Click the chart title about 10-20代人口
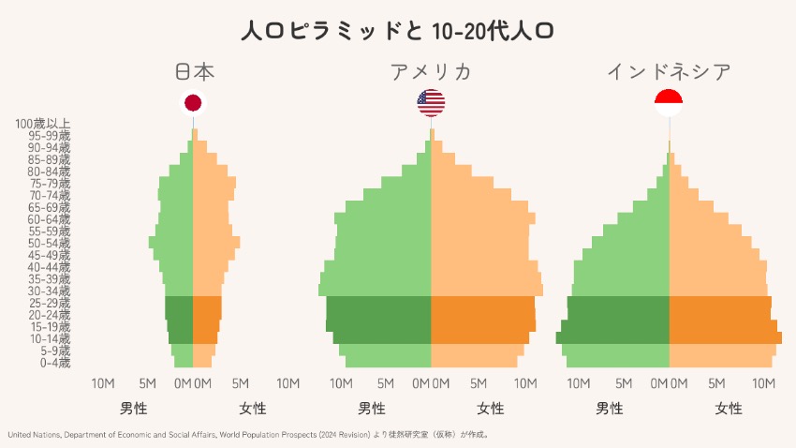(x=397, y=31)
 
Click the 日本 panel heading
(x=194, y=72)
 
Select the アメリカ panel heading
(x=431, y=72)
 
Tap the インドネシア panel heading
(x=669, y=72)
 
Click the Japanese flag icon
(x=194, y=103)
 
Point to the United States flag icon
(x=431, y=103)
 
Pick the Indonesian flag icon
(x=669, y=103)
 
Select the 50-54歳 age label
(x=49, y=243)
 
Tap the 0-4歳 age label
(x=54, y=363)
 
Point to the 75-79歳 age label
(x=49, y=183)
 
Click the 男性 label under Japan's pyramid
(x=134, y=409)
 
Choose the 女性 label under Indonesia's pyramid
(x=729, y=409)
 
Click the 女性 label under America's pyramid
(x=491, y=409)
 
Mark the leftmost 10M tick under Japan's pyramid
(x=103, y=383)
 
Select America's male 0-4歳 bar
(x=389, y=362)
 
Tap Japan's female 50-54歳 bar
(x=215, y=242)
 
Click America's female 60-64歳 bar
(x=483, y=218)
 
